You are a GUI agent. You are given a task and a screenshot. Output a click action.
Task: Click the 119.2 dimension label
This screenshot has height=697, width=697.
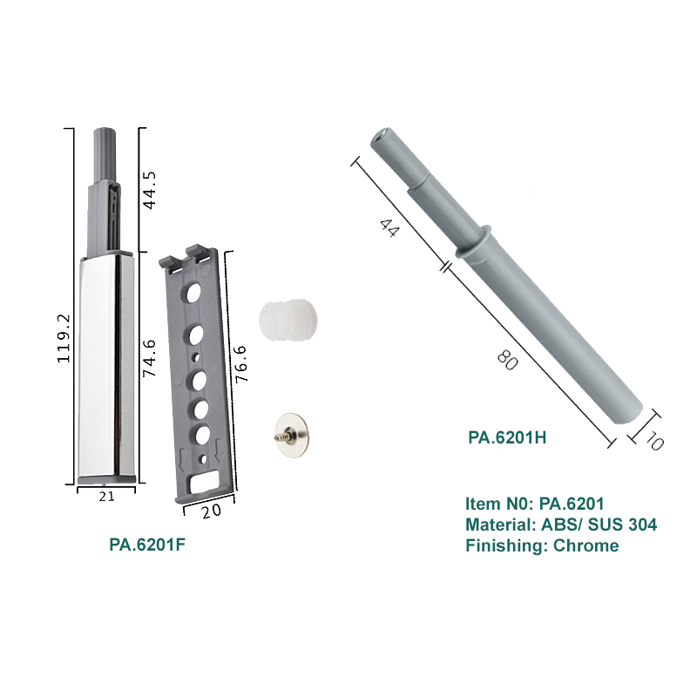click(64, 338)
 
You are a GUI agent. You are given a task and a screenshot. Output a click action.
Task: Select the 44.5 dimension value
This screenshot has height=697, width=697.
click(149, 190)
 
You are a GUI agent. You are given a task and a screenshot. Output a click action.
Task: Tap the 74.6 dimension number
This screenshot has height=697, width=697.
click(149, 358)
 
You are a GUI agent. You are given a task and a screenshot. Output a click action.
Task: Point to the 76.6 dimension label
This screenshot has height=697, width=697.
click(241, 364)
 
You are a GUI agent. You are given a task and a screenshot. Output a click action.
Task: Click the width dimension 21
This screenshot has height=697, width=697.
click(106, 497)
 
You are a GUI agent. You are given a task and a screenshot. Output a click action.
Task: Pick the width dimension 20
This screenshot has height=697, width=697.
click(211, 511)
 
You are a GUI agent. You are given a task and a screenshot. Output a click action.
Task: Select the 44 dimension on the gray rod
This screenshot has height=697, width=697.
click(389, 227)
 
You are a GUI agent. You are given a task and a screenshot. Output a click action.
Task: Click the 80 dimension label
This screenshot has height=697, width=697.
click(507, 360)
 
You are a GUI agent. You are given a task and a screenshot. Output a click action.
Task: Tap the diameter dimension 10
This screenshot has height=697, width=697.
click(654, 442)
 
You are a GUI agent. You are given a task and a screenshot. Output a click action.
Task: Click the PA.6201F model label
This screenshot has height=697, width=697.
click(147, 545)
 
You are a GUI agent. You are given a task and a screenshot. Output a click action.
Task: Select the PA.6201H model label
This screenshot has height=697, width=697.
click(507, 438)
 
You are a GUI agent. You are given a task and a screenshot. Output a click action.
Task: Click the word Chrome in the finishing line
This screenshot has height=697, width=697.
click(585, 545)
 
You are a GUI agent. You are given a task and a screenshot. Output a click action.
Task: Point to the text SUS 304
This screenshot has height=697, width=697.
click(622, 525)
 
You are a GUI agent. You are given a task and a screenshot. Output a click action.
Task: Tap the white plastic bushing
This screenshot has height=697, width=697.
click(288, 320)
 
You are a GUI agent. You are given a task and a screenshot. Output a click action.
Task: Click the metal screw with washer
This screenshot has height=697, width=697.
click(291, 435)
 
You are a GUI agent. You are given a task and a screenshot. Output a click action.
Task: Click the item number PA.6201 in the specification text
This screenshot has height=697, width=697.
click(572, 504)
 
